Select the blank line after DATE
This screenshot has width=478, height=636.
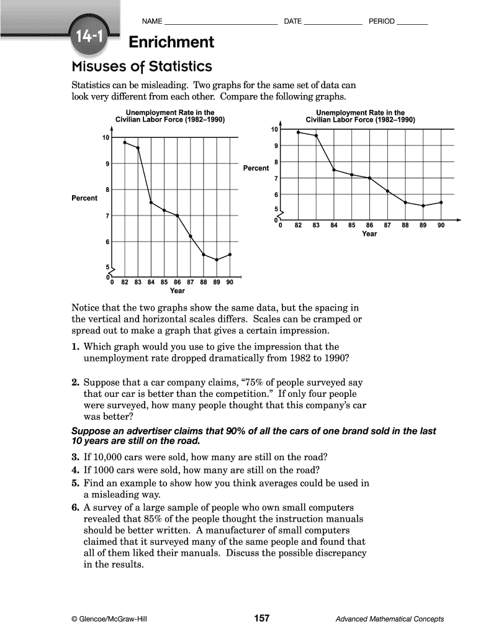coord(333,23)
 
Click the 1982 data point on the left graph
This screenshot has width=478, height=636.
coord(125,142)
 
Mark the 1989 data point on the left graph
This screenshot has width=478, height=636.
coord(217,260)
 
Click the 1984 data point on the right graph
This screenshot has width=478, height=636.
coord(334,170)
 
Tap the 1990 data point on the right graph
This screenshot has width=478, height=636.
coord(441,202)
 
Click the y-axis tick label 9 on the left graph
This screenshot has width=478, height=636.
coord(107,164)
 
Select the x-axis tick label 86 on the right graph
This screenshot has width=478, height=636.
coord(369,225)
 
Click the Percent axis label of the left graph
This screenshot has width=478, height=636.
coord(85,198)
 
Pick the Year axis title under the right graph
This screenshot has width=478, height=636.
coord(369,234)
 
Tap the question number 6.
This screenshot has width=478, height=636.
coord(74,507)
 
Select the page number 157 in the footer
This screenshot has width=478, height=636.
coord(262,618)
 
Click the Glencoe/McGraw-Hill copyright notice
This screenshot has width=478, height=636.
coord(110,619)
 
